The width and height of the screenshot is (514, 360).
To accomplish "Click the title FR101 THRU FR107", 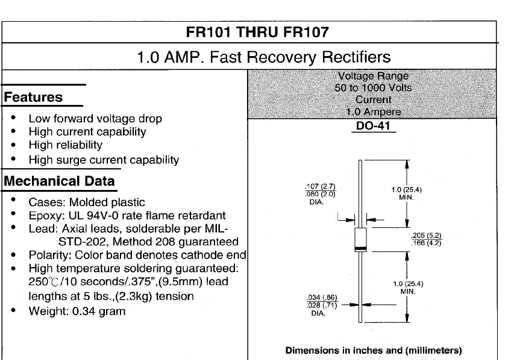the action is click(x=257, y=32).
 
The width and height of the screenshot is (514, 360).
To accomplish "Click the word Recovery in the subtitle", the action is click(x=281, y=57).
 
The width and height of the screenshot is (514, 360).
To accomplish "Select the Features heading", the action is click(x=33, y=97).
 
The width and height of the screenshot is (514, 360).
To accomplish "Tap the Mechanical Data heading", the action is click(x=59, y=181).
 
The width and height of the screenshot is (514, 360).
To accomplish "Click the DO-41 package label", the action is click(x=373, y=125).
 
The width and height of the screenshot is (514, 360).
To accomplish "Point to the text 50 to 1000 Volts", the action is click(x=373, y=88).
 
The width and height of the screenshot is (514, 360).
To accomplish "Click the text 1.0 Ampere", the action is click(x=374, y=112).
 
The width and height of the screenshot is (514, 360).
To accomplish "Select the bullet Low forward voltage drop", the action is click(x=95, y=118).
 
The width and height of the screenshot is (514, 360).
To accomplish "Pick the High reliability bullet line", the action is click(x=65, y=145).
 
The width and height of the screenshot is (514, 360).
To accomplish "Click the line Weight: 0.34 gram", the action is click(x=77, y=311).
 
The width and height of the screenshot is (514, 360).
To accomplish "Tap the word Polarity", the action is click(x=50, y=255).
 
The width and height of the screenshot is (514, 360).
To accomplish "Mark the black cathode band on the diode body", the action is click(x=360, y=248).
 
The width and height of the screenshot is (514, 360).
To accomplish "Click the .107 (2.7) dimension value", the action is click(x=320, y=186).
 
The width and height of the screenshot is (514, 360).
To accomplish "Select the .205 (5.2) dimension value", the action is click(x=427, y=235).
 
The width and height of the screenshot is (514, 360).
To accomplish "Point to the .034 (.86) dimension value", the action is click(x=322, y=297).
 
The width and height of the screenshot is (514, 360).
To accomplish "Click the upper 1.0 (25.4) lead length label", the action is click(x=407, y=189).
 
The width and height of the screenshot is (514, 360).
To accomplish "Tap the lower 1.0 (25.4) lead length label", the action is click(x=408, y=283).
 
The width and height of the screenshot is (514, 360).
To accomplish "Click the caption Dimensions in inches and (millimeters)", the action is click(x=374, y=350).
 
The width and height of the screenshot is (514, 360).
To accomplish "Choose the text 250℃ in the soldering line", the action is click(x=44, y=282).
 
